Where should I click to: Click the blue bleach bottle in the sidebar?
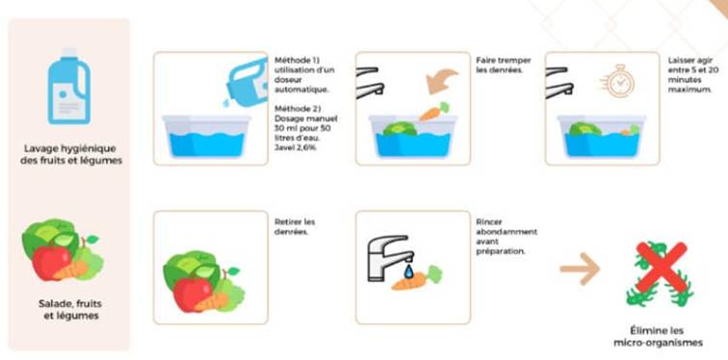point(68,87)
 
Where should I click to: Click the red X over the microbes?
point(661,268)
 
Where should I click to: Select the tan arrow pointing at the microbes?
point(580,269)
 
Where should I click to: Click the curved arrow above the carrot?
point(442,80)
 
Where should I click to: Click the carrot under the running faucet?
point(416,278)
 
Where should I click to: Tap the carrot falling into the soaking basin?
point(434,112)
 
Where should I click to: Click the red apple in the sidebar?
point(52,263)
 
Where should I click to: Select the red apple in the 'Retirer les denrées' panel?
point(193,295)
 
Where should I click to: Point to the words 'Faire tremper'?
point(504,61)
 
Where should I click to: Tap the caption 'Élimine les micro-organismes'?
point(658,337)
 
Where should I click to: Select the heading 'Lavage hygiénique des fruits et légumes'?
point(70,155)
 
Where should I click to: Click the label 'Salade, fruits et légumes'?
point(70,310)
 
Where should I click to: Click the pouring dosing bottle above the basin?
point(247,85)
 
